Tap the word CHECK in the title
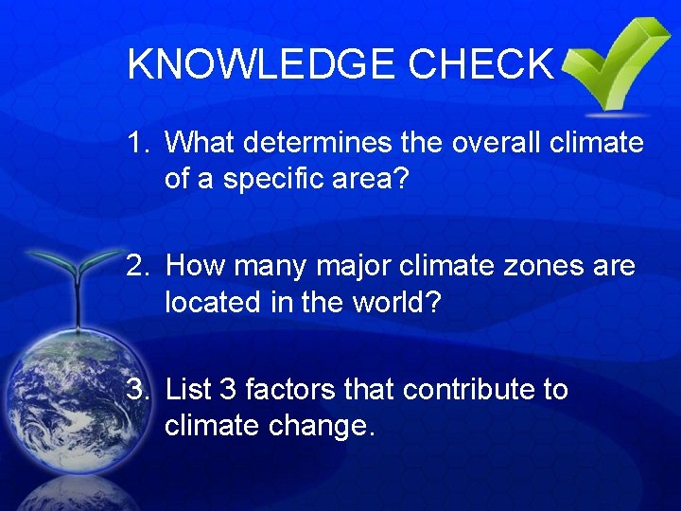pos(480,64)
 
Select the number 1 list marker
pos(138,144)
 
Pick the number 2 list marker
pos(138,268)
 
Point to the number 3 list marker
pos(138,390)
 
